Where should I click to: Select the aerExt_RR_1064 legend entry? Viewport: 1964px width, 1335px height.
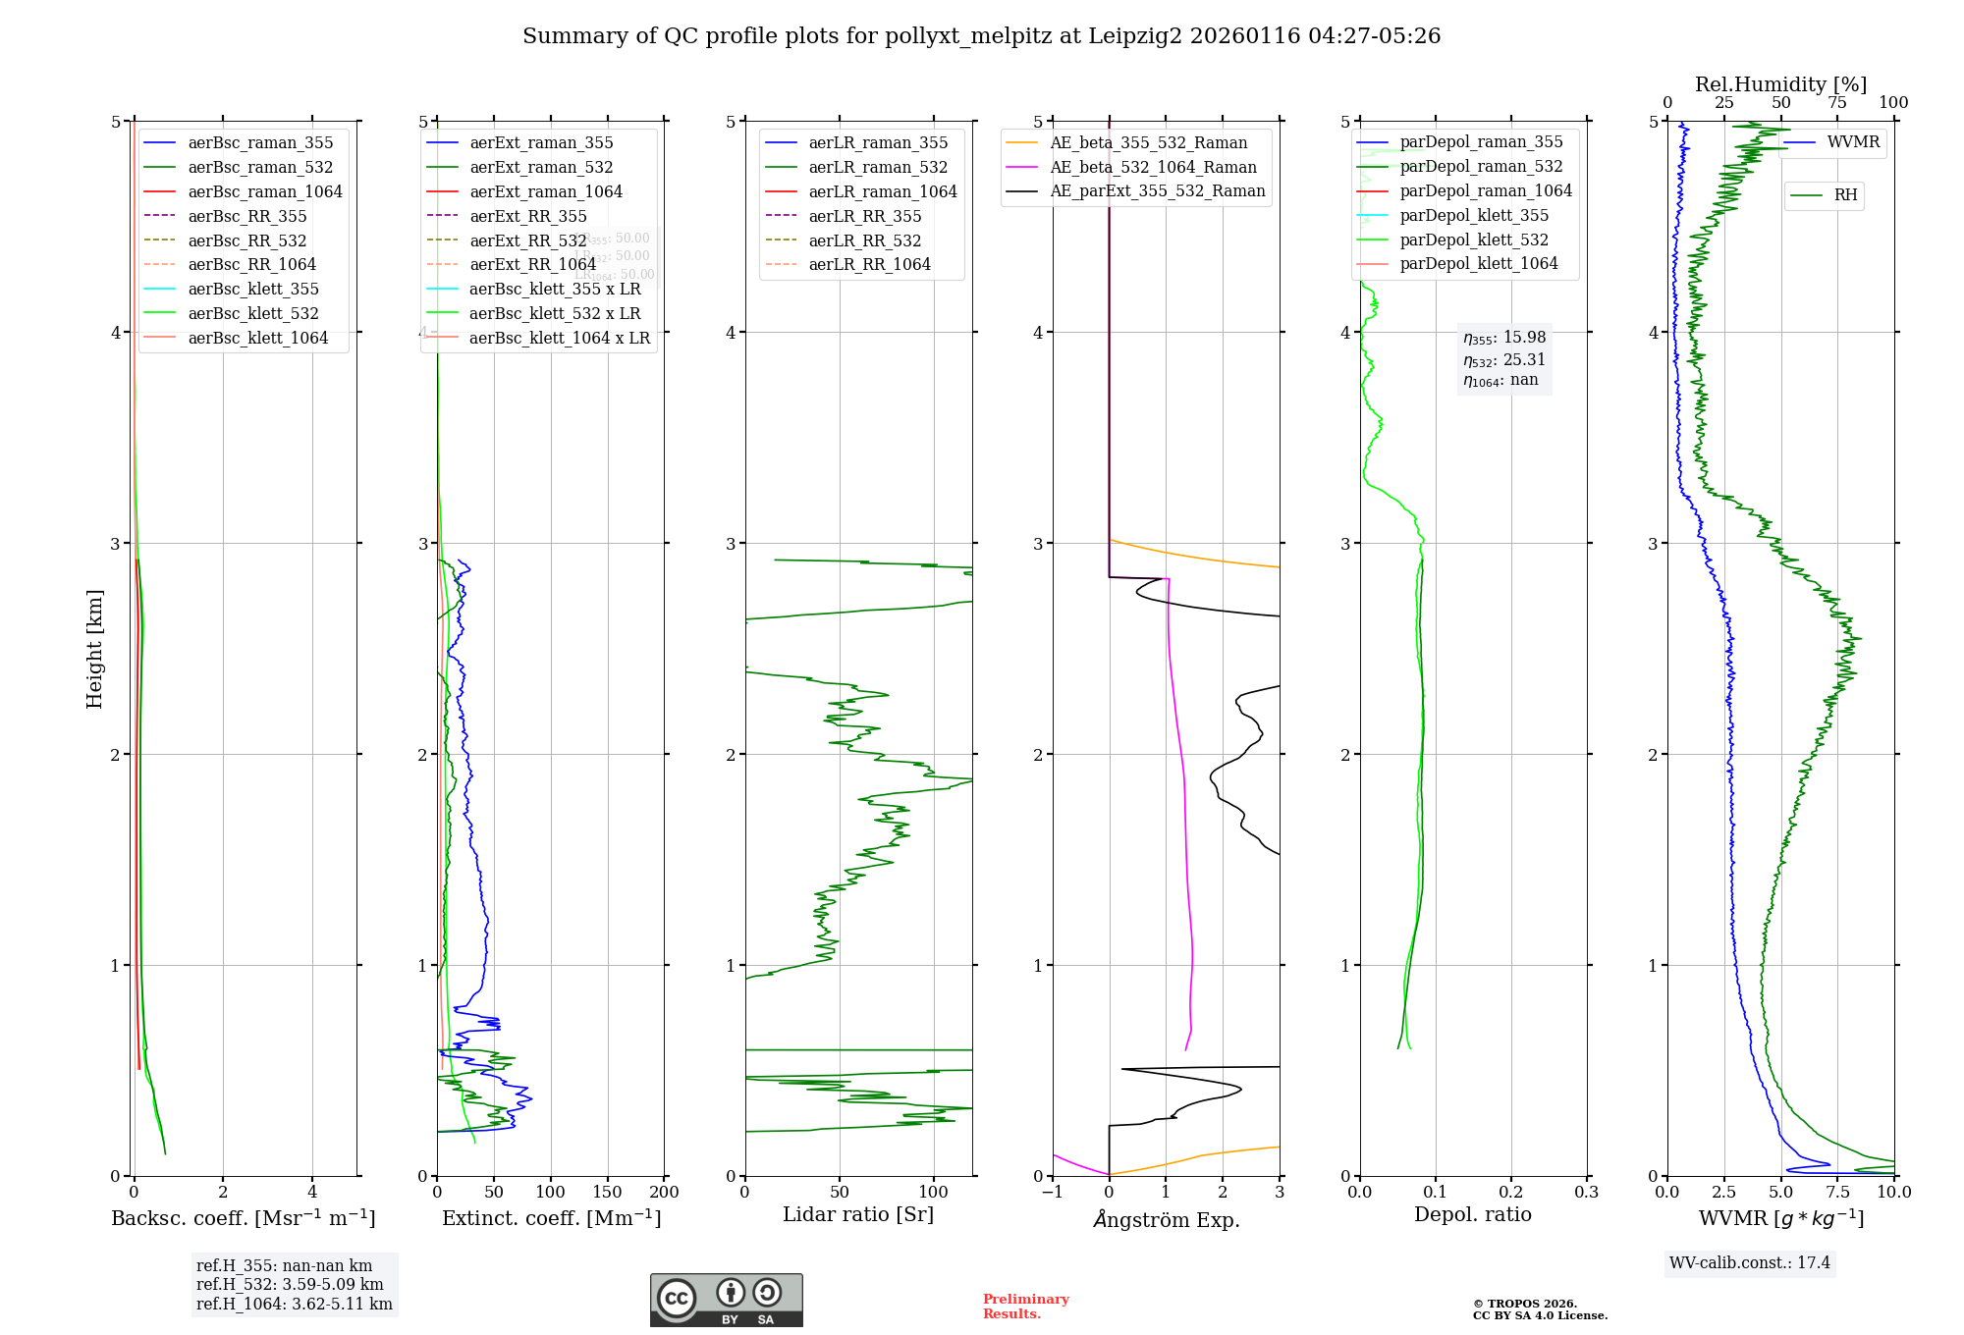coord(532,264)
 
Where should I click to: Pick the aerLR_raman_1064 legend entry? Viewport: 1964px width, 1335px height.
coord(882,191)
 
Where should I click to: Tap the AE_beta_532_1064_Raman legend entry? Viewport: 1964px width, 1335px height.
coord(1153,167)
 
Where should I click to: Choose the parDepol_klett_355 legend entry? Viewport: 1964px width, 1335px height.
coord(1473,215)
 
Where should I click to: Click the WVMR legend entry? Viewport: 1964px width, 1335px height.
coord(1852,142)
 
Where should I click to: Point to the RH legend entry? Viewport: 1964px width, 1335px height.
coord(1844,195)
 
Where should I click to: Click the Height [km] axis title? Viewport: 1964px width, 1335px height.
coord(94,649)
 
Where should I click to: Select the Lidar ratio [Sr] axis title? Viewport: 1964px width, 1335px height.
coord(857,1214)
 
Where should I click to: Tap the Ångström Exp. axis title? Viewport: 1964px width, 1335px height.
coord(1166,1219)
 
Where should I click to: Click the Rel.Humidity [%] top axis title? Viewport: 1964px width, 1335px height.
coord(1780,84)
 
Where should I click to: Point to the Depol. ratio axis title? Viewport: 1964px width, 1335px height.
coord(1472,1214)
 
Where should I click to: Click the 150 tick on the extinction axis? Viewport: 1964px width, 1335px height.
coord(607,1192)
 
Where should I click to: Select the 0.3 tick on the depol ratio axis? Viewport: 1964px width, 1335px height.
coord(1586,1192)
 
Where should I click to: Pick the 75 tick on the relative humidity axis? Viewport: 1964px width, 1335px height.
coord(1836,103)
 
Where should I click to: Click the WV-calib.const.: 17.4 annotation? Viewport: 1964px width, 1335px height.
coord(1749,1262)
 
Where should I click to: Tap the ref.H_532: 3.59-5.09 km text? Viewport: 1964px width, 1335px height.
coord(289,1284)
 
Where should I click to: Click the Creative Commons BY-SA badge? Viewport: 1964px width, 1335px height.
coord(726,1300)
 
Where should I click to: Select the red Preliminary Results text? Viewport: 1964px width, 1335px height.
coord(1025,1307)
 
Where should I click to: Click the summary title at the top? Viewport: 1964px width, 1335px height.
coord(981,36)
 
